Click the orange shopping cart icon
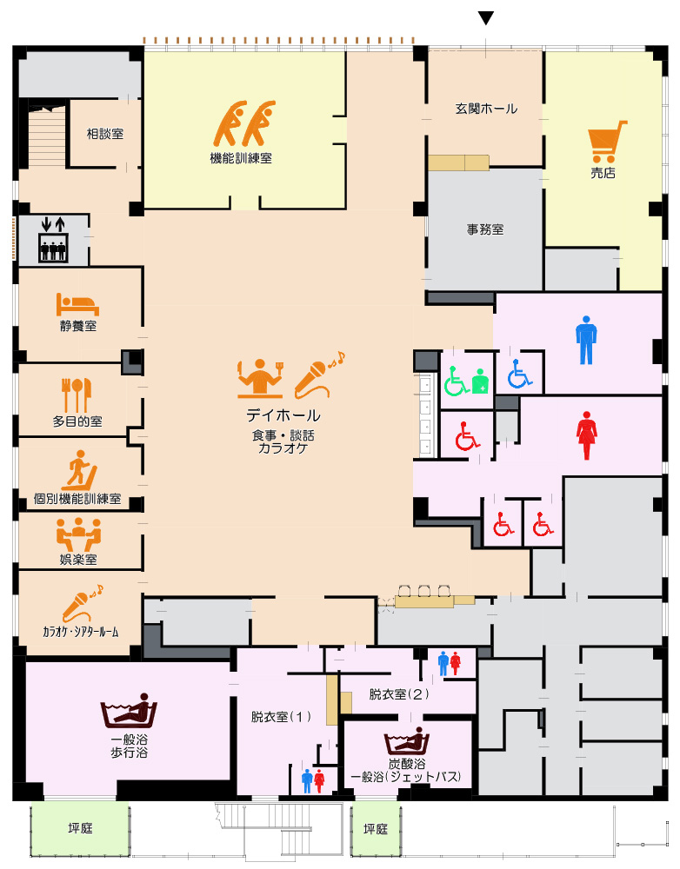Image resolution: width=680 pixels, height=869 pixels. [x=607, y=142]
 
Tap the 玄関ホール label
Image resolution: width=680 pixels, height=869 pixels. [x=486, y=109]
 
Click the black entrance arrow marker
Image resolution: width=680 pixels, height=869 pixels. [x=486, y=18]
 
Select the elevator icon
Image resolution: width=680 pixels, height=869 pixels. [x=53, y=240]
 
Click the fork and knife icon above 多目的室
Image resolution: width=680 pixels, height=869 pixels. [x=77, y=395]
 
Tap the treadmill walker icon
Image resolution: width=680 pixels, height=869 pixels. [x=79, y=470]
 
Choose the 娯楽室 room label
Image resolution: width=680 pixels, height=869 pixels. [x=78, y=559]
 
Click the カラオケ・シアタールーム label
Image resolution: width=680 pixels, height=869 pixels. [x=80, y=631]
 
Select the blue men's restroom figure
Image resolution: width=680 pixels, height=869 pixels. [x=586, y=341]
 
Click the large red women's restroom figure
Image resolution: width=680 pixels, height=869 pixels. [x=586, y=435]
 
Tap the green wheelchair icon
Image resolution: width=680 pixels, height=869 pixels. [x=456, y=381]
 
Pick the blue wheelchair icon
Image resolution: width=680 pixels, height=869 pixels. [x=520, y=374]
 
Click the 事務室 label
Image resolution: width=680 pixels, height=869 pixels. [x=485, y=229]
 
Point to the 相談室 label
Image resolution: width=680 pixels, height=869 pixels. [x=105, y=134]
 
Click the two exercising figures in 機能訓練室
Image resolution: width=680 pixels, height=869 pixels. [x=244, y=123]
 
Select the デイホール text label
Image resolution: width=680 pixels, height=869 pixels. [x=283, y=415]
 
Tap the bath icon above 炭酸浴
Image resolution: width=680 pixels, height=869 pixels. [x=407, y=740]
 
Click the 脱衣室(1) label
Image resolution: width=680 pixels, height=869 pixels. [x=281, y=717]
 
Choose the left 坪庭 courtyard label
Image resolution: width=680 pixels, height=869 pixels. [x=80, y=828]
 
